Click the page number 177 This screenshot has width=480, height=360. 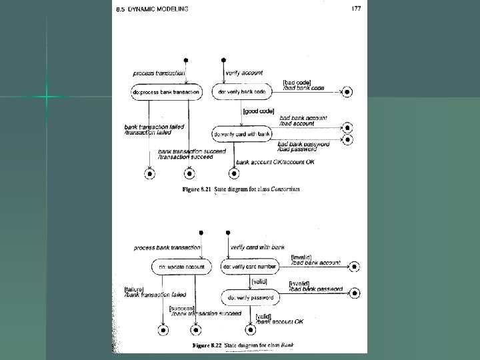point(355,8)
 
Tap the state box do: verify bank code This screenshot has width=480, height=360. point(242,91)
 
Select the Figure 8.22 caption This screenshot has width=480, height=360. point(243,345)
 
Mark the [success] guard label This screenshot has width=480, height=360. point(181,308)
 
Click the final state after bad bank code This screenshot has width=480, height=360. point(346,91)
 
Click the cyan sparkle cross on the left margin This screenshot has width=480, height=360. point(47,97)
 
